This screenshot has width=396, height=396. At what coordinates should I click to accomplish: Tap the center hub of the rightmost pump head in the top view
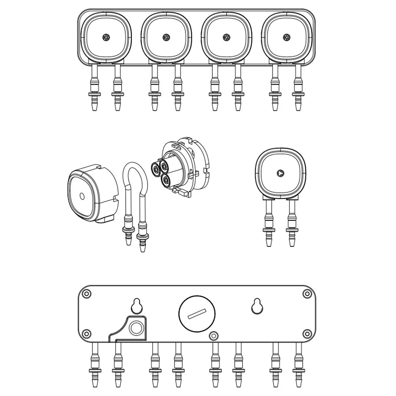point(286,37)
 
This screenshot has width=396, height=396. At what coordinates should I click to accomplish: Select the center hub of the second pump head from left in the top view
point(166,37)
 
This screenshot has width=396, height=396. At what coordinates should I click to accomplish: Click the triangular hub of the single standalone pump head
point(280,173)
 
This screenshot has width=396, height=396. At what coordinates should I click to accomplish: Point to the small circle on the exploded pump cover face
point(81,196)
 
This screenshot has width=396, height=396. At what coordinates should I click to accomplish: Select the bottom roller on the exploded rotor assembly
point(166,180)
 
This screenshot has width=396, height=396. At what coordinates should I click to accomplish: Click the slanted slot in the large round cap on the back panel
point(197,314)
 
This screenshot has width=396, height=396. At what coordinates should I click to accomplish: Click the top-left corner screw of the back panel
point(87,294)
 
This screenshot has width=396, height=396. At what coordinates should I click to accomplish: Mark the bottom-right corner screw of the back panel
point(306,334)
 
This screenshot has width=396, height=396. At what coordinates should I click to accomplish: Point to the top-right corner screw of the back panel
point(306,294)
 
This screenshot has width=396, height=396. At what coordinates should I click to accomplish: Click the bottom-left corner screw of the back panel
point(87,334)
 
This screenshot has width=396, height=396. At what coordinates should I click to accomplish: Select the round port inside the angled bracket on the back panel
point(135,328)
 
